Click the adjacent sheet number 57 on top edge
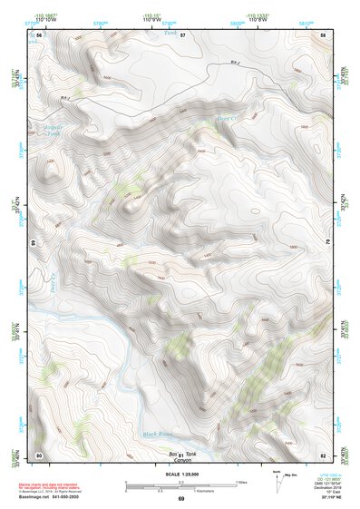(181, 34)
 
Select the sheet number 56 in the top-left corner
(39, 34)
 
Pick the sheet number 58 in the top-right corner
(323, 34)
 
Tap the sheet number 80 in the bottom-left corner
(39, 454)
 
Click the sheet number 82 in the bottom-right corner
(323, 454)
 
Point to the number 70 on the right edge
(326, 243)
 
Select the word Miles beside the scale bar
(240, 482)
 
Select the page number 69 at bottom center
(180, 499)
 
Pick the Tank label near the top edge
(168, 34)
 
